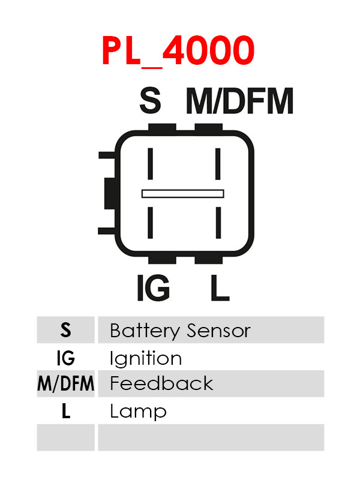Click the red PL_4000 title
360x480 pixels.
click(x=178, y=51)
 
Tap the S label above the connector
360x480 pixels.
click(x=150, y=100)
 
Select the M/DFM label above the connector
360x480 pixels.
click(x=239, y=101)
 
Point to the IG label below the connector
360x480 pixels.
click(x=154, y=287)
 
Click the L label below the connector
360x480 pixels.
click(x=220, y=287)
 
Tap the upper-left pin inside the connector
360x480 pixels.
click(x=151, y=164)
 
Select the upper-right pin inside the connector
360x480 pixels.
click(x=218, y=164)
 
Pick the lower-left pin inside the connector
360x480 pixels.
click(x=151, y=223)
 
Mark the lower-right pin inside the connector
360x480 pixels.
click(x=218, y=223)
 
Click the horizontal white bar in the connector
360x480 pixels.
click(x=183, y=194)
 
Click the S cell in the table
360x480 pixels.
click(x=65, y=330)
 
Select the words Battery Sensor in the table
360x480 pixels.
click(x=181, y=331)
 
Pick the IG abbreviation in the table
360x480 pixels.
click(x=65, y=358)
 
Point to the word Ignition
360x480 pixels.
click(x=146, y=358)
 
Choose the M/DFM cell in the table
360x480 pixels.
click(x=65, y=383)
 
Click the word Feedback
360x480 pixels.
click(x=161, y=383)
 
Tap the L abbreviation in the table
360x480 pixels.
click(x=66, y=411)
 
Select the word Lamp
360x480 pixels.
click(x=138, y=412)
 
